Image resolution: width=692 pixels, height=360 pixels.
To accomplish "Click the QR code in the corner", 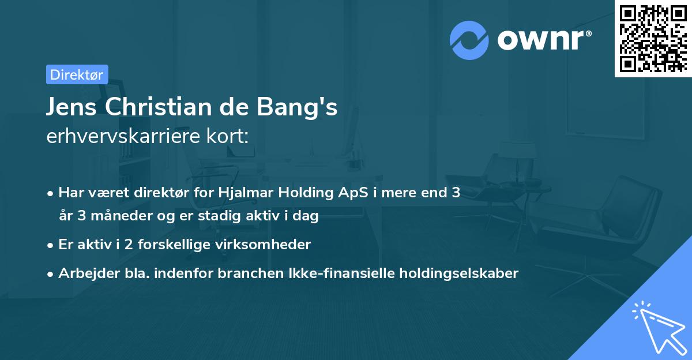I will point(653,39).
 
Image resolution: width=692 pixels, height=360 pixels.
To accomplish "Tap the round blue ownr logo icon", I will point(469,40).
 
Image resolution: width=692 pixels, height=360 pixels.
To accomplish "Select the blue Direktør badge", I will point(77,74).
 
